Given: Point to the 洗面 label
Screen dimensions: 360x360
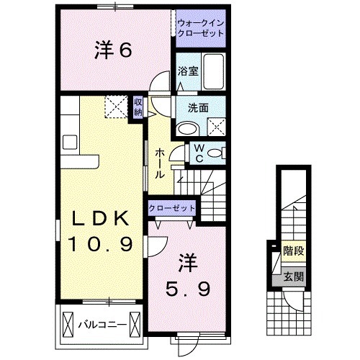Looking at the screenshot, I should [198, 109].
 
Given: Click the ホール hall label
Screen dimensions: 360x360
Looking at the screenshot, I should [159, 163].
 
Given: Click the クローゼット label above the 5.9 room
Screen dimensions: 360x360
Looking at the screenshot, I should [173, 207].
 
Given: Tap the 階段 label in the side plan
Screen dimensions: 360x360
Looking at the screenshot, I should [293, 251].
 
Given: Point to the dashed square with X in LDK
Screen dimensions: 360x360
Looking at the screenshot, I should [115, 107].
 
